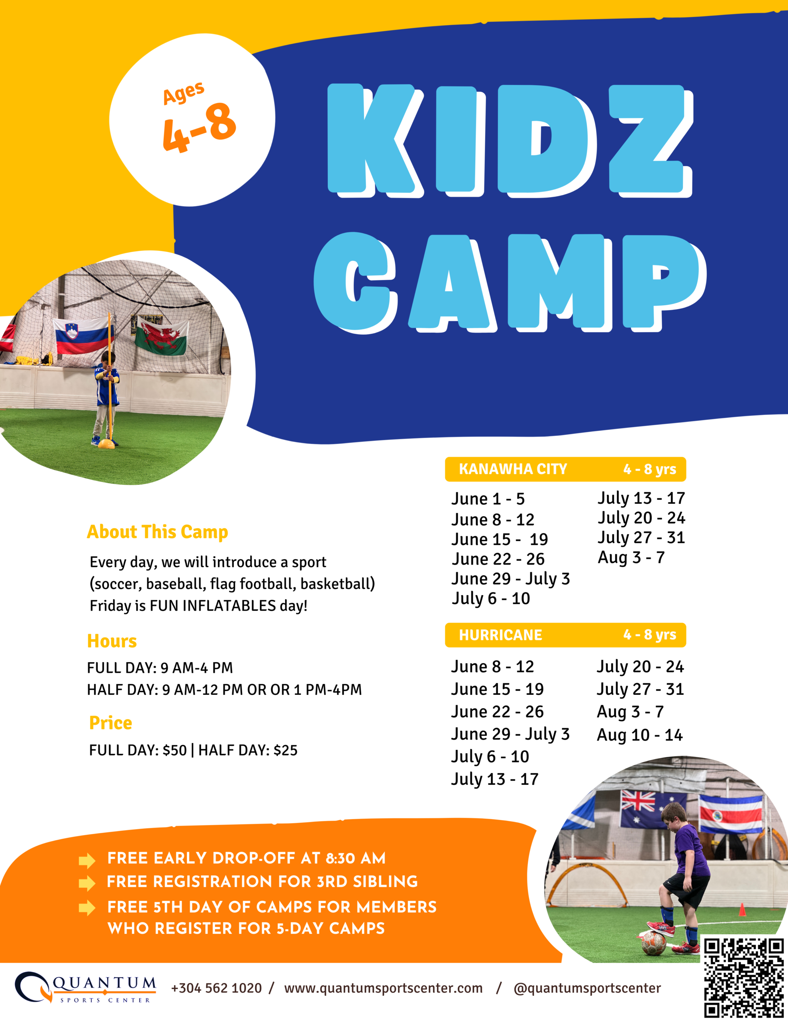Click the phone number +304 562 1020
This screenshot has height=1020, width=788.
point(216,988)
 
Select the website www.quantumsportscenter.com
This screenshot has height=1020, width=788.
point(383,988)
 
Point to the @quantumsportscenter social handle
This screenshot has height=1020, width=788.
point(587,988)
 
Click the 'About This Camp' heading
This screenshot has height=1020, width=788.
point(157,532)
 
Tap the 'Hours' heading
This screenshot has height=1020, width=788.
point(112,641)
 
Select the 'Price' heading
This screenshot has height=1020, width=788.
point(111,723)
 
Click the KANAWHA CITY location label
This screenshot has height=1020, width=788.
point(513,469)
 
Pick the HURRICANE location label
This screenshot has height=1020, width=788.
point(500,635)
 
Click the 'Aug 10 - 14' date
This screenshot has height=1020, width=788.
point(639,735)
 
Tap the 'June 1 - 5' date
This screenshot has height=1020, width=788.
point(488,499)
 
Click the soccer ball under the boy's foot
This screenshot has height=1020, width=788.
point(653,943)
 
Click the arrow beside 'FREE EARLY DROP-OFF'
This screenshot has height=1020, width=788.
point(87,860)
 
